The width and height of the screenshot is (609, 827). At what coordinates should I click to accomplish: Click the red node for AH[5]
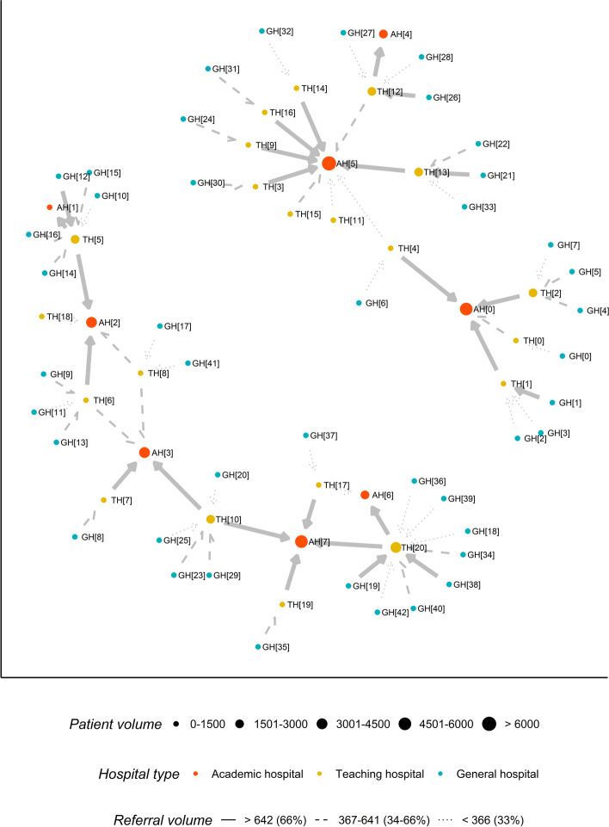328,163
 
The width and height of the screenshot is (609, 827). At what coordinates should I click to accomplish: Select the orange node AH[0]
465,308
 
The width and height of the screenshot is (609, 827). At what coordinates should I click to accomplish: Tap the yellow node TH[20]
396,547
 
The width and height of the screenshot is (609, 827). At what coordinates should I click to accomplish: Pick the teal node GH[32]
262,32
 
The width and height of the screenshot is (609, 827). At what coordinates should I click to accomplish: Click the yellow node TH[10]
210,519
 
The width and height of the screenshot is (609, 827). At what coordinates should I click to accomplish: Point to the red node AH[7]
300,541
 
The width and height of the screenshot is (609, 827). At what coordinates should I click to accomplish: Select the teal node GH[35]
257,646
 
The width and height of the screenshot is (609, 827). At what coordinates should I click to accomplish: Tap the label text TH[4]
408,250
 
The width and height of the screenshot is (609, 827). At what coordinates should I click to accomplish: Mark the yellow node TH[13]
418,172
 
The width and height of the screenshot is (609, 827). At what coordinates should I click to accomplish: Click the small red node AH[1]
50,207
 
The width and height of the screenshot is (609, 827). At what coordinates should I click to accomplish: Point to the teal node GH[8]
76,537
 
